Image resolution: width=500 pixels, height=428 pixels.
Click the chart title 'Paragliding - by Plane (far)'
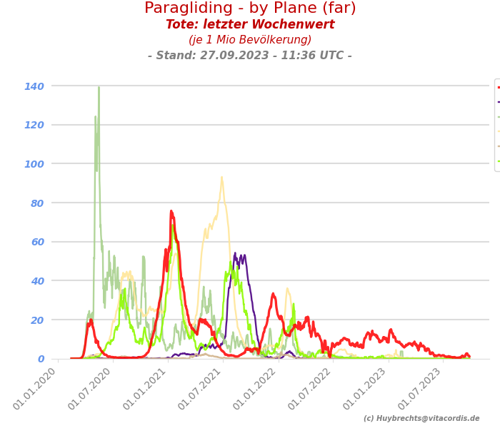pos(250,9)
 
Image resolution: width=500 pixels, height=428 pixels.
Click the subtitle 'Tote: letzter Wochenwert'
pos(250,25)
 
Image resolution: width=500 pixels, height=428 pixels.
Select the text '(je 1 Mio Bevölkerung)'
pos(250,40)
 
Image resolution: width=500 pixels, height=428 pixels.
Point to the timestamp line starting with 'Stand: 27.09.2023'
pos(250,56)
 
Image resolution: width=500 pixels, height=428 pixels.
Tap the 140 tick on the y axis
pos(34,86)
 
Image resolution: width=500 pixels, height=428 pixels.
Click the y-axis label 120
pos(34,125)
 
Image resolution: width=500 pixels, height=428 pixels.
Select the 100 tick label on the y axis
pos(34,164)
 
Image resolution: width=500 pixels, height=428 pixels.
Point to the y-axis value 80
pos(37,203)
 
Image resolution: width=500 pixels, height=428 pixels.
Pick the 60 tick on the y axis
pos(37,242)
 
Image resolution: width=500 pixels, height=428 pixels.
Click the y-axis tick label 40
pos(37,281)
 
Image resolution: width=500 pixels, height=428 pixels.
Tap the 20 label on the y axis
pos(37,320)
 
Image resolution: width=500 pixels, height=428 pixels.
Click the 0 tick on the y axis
pos(41,359)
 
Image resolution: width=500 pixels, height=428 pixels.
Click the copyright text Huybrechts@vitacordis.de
pos(421,419)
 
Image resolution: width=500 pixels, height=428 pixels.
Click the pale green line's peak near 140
pos(99,88)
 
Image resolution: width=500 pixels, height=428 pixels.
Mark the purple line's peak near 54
pos(234,253)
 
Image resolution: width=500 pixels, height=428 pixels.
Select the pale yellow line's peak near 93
pos(221,178)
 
